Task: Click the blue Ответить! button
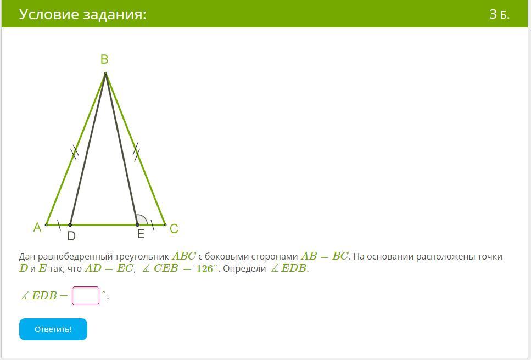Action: click(53, 329)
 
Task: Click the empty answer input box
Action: click(86, 296)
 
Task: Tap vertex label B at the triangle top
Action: click(104, 59)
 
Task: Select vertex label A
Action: click(37, 227)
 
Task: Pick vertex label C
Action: click(174, 229)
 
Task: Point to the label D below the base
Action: click(71, 236)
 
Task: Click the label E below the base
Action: click(141, 234)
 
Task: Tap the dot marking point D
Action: click(70, 224)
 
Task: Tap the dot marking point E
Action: click(137, 224)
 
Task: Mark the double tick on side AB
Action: click(75, 152)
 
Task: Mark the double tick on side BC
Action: click(136, 152)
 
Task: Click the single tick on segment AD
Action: click(59, 224)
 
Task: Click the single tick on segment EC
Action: click(153, 224)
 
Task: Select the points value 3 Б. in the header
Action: click(500, 14)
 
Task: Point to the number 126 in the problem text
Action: click(204, 269)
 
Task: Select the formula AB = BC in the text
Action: click(325, 256)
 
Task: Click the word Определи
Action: click(244, 269)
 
